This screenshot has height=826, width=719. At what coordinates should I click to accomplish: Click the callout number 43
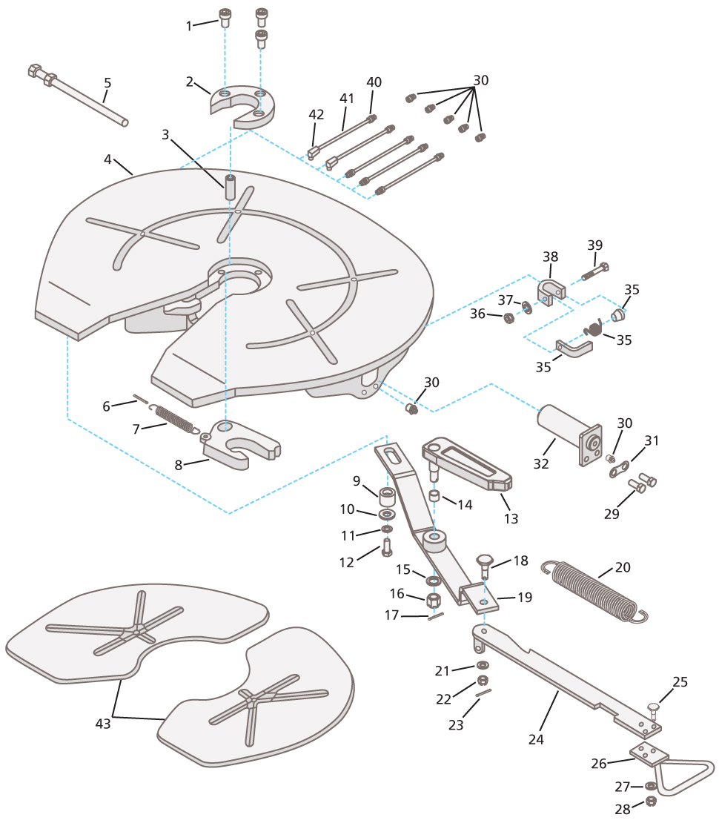point(102,724)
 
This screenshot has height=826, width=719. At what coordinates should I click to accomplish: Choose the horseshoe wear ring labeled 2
point(243,105)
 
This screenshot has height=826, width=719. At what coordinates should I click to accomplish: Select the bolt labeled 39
point(595,271)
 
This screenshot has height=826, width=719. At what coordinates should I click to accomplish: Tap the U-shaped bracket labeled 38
point(551,291)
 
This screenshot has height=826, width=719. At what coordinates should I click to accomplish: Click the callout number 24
point(536,739)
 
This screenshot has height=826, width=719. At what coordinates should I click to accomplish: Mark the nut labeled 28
point(651,802)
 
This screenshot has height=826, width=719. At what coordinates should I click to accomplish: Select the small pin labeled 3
point(231,188)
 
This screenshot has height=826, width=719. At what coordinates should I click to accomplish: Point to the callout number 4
point(107,159)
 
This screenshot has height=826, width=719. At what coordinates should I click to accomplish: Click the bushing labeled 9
point(387,495)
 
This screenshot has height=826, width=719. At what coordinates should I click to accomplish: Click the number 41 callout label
point(347,99)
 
